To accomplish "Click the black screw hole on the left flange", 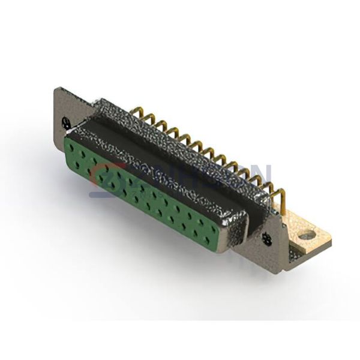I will (x=66, y=122).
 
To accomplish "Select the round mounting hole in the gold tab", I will (x=307, y=236).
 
